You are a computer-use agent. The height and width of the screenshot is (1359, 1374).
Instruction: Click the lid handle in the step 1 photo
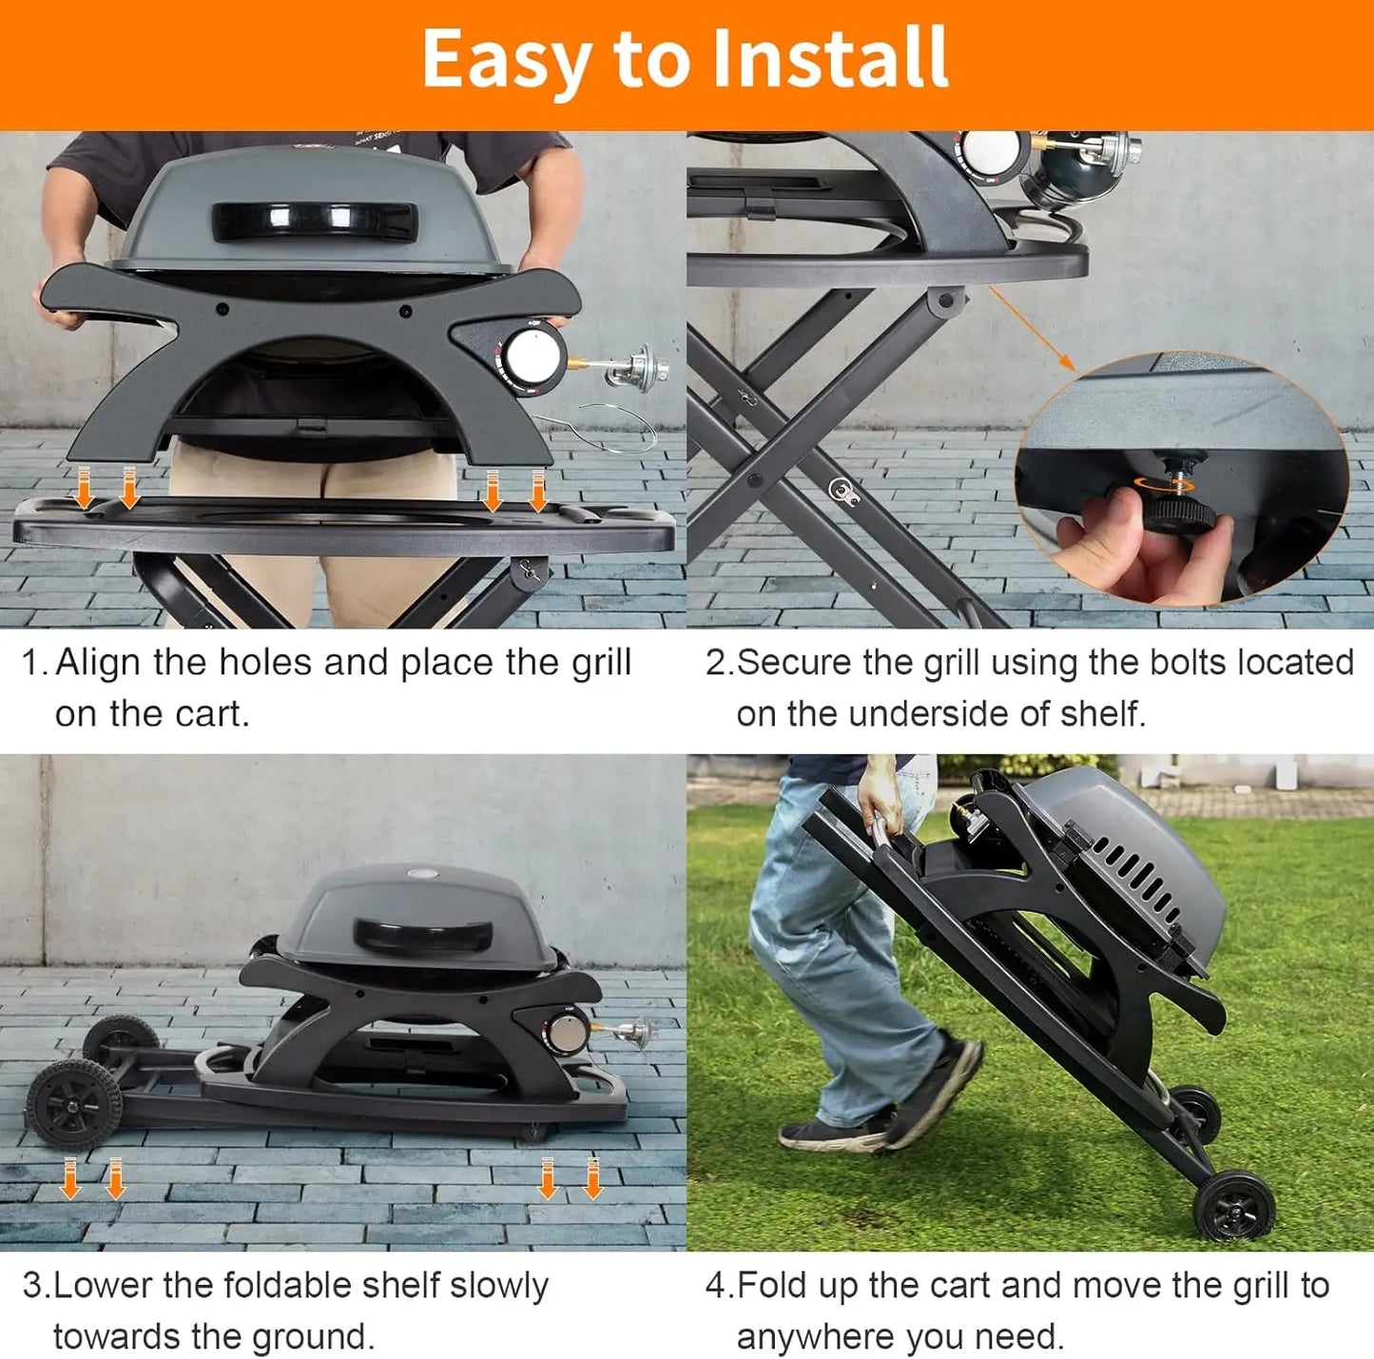pos(314,222)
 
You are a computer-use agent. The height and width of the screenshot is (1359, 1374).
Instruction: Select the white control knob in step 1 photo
pos(524,357)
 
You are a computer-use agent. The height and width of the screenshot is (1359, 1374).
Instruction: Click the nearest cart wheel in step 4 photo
pos(1234,1205)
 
